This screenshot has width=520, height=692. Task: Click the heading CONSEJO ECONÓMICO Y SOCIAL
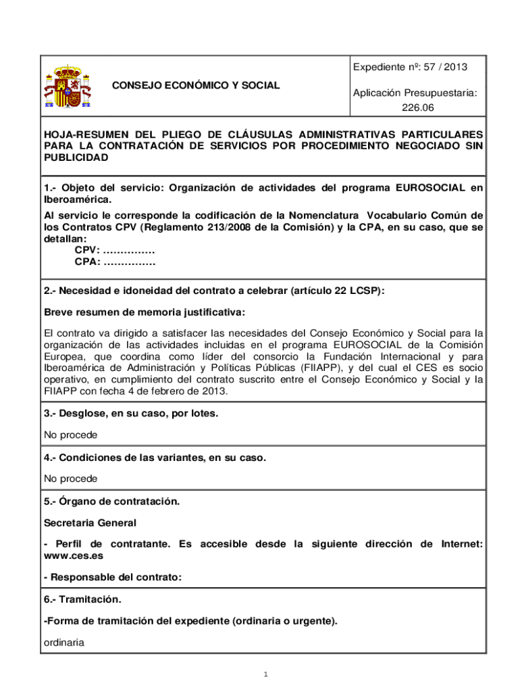[196, 86]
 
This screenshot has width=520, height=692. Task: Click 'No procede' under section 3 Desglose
[70, 435]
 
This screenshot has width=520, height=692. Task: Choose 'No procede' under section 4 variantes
[70, 478]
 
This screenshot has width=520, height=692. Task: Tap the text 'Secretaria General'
[90, 522]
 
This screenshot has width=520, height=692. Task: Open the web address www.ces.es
[74, 555]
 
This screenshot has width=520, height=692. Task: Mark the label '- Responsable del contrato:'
[113, 577]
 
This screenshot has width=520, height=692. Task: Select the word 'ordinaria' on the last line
[64, 643]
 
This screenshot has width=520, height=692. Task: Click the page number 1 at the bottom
[266, 674]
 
